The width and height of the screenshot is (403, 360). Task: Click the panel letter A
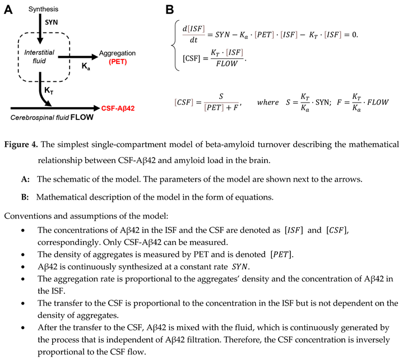(9, 9)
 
